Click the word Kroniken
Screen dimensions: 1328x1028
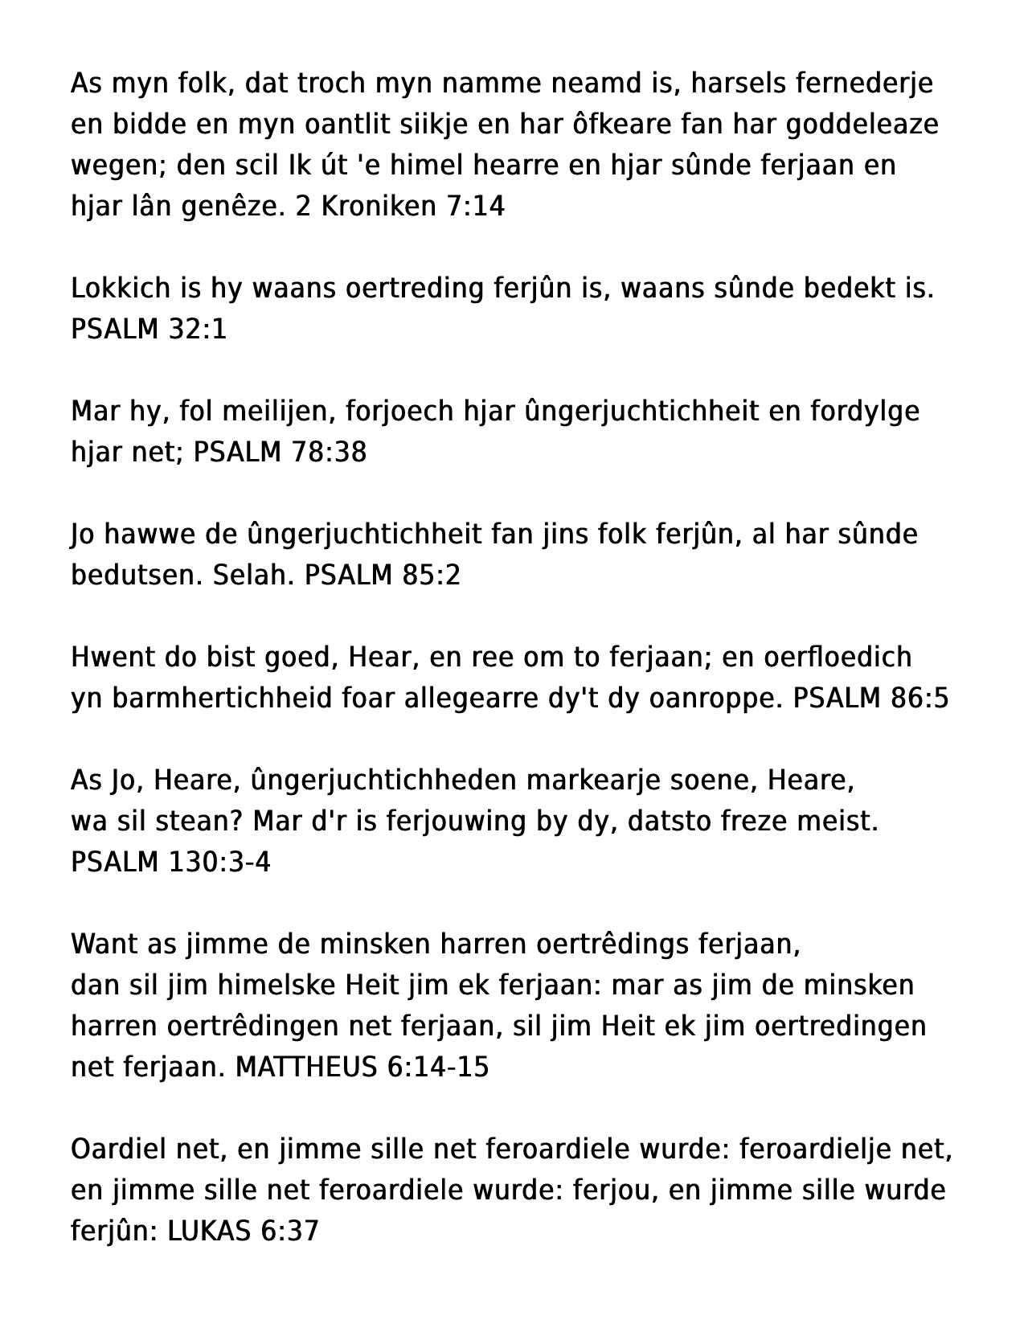[x=379, y=207]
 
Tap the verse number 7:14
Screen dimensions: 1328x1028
[x=474, y=207]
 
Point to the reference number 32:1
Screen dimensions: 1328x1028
[x=198, y=329]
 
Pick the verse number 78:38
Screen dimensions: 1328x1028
[x=329, y=452]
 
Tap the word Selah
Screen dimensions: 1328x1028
[x=253, y=575]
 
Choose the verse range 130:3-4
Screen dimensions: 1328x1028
[x=219, y=862]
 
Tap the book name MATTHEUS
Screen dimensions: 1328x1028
[x=305, y=1067]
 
